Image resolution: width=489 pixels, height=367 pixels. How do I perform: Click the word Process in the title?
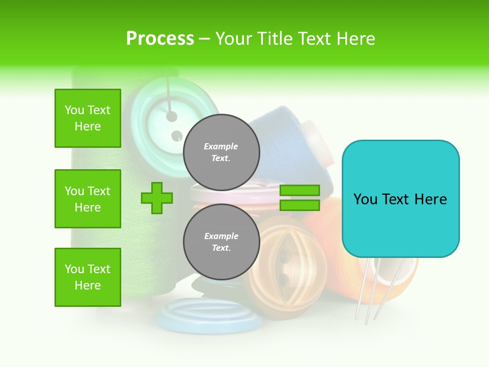point(160,39)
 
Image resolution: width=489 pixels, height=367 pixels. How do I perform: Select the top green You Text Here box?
point(88,118)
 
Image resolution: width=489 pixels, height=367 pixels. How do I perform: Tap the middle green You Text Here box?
point(88,199)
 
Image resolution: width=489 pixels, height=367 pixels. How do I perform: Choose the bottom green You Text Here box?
point(88,277)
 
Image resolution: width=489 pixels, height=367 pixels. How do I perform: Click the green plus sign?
point(157,198)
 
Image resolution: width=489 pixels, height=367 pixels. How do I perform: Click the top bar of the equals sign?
point(300,190)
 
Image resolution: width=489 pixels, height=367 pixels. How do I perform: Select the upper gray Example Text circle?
point(222,152)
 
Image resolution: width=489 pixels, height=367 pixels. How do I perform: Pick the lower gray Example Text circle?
point(222,242)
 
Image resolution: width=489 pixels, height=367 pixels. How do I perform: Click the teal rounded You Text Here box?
point(400,199)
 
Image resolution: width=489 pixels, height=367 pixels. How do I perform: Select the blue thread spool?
point(285,148)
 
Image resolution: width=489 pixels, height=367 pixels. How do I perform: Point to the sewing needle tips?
point(366,319)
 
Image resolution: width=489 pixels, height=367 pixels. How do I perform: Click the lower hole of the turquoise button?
point(176,136)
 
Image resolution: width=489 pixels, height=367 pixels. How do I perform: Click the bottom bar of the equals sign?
point(300,205)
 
